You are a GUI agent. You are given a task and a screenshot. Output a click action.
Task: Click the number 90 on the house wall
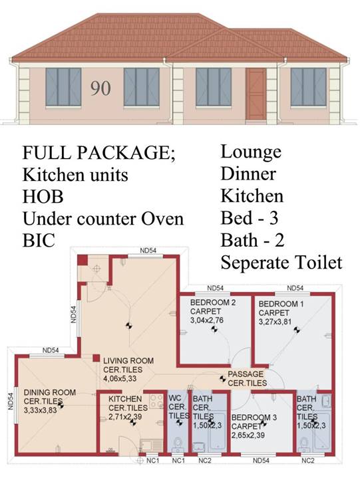pos(100,88)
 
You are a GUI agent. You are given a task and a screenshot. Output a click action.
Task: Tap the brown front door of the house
pos(256,94)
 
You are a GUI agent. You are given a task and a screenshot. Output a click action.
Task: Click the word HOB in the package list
pos(43,197)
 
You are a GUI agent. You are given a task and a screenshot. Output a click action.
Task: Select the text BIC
pos(39,241)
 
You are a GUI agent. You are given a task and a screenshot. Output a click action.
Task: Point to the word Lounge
pos(251,152)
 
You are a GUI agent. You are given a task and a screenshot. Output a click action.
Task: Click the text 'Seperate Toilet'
pos(281,263)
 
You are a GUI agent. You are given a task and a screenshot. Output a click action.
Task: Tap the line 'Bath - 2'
pos(253,240)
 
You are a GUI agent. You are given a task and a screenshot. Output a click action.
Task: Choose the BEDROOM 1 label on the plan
pos(281,304)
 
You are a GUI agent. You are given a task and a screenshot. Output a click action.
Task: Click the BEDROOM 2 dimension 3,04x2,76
pos(207,320)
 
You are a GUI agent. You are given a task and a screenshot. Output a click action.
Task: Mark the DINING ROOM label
pos(50,392)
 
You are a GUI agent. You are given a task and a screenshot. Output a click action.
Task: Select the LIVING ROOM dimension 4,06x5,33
pos(120,379)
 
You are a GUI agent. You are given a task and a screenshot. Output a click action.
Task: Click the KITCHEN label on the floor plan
pos(125,399)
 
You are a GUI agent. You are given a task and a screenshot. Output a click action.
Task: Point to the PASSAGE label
pos(246,374)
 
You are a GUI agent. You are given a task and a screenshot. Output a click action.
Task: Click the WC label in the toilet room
pos(175,398)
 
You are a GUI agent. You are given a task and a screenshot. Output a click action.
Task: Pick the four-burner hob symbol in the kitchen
pos(156,402)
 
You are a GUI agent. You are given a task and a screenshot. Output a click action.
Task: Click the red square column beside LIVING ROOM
pos(96,358)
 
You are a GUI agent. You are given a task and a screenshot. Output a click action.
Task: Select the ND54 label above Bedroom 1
pos(295,288)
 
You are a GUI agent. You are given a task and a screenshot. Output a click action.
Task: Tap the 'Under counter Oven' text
pos(103,219)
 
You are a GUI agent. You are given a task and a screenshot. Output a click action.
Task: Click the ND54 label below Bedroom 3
pos(261,461)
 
